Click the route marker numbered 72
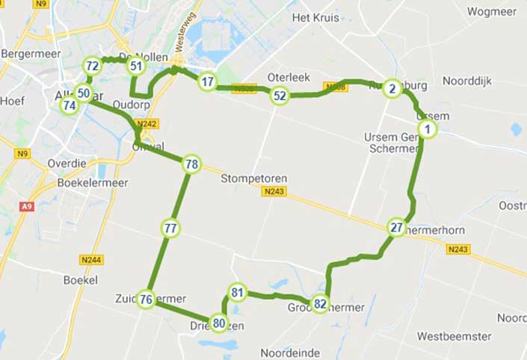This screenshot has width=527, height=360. [93, 66]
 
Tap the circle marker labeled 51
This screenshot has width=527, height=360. [136, 66]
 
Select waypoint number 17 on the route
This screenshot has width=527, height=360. [208, 82]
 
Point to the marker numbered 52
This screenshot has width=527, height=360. [280, 96]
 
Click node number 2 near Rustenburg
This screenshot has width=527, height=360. [391, 90]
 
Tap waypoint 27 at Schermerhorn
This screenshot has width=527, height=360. [397, 228]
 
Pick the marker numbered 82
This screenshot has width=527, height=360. [321, 303]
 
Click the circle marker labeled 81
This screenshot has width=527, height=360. [238, 292]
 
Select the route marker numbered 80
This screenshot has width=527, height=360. [218, 323]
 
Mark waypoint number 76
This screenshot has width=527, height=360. [147, 300]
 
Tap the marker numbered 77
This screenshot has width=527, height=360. [171, 228]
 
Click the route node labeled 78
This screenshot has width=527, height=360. [191, 164]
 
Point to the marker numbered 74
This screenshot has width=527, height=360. [70, 105]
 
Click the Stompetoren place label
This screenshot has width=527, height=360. [254, 179]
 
